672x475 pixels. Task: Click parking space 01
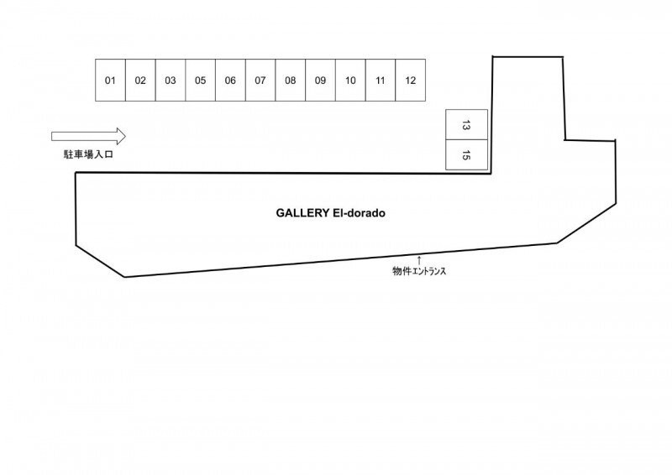110,80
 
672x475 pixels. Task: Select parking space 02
140,80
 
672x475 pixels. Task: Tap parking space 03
171,80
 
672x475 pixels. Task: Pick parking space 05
200,80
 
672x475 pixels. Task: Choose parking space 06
230,80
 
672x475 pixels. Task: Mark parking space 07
260,80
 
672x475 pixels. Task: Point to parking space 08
290,80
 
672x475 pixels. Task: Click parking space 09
320,80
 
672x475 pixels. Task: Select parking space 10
350,80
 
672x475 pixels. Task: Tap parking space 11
381,80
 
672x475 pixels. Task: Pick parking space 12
411,80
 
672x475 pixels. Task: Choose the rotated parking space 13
467,125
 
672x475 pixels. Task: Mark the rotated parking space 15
467,154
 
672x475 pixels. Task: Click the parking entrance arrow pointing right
88,136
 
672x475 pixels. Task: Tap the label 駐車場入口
88,154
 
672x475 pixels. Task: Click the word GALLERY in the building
302,213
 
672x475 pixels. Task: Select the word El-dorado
359,213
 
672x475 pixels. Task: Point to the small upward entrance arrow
419,260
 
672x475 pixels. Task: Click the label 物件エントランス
419,271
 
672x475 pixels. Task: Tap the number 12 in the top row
411,81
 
